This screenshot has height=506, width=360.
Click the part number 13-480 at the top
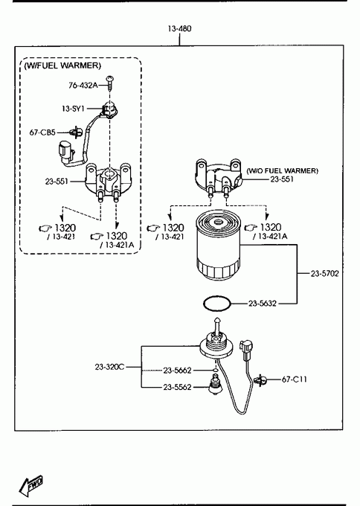click(x=179, y=29)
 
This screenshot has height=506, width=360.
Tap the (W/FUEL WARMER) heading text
click(x=62, y=65)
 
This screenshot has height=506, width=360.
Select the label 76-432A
click(x=83, y=86)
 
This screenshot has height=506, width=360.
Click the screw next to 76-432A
click(x=111, y=83)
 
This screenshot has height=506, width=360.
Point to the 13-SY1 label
click(x=73, y=109)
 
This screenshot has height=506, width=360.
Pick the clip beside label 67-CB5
click(x=75, y=132)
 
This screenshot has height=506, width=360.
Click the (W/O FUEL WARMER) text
click(x=282, y=170)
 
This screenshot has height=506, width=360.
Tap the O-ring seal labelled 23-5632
click(x=217, y=304)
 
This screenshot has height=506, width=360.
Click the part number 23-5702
click(x=325, y=274)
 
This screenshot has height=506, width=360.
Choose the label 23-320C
click(x=109, y=367)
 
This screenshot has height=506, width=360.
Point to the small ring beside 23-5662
click(x=215, y=370)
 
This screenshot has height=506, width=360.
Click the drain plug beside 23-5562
click(x=215, y=385)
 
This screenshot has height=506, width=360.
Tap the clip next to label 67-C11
click(x=260, y=380)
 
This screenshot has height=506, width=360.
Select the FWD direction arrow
click(x=30, y=486)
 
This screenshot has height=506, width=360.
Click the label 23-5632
click(x=263, y=304)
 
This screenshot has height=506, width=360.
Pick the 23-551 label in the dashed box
click(x=57, y=182)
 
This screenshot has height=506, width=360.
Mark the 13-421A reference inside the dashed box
click(x=117, y=245)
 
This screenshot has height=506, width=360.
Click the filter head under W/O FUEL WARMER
click(x=218, y=178)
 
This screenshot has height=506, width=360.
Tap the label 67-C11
click(x=295, y=379)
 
